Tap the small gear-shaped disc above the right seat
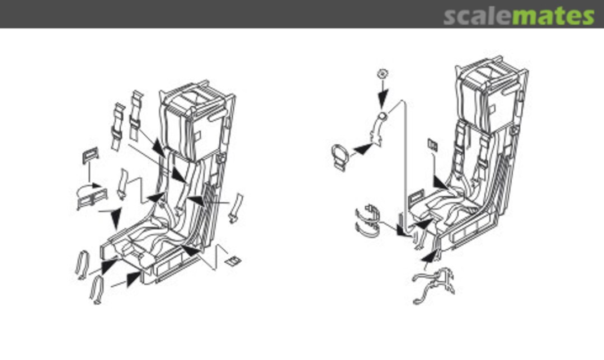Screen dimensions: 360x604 [382, 73]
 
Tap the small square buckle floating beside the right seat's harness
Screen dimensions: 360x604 [432, 144]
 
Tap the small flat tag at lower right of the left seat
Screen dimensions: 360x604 [233, 261]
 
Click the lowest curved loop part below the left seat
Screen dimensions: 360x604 [97, 290]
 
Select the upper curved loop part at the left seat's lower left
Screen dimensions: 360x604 [82, 263]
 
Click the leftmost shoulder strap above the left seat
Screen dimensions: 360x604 [118, 126]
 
